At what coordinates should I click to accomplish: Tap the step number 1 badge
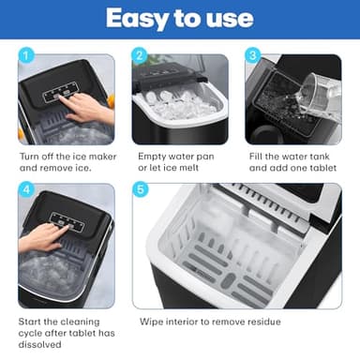tap(26, 56)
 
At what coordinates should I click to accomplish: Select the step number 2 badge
tap(140, 56)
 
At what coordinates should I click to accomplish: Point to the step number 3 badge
tap(253, 56)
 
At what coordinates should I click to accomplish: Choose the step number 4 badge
tap(26, 189)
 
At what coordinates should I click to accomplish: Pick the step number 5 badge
tap(140, 189)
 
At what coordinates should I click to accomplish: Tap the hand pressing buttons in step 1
tap(90, 107)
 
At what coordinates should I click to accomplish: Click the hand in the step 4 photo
tap(39, 236)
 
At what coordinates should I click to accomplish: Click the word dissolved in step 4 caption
tap(40, 345)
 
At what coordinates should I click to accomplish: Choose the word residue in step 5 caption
tap(261, 322)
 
